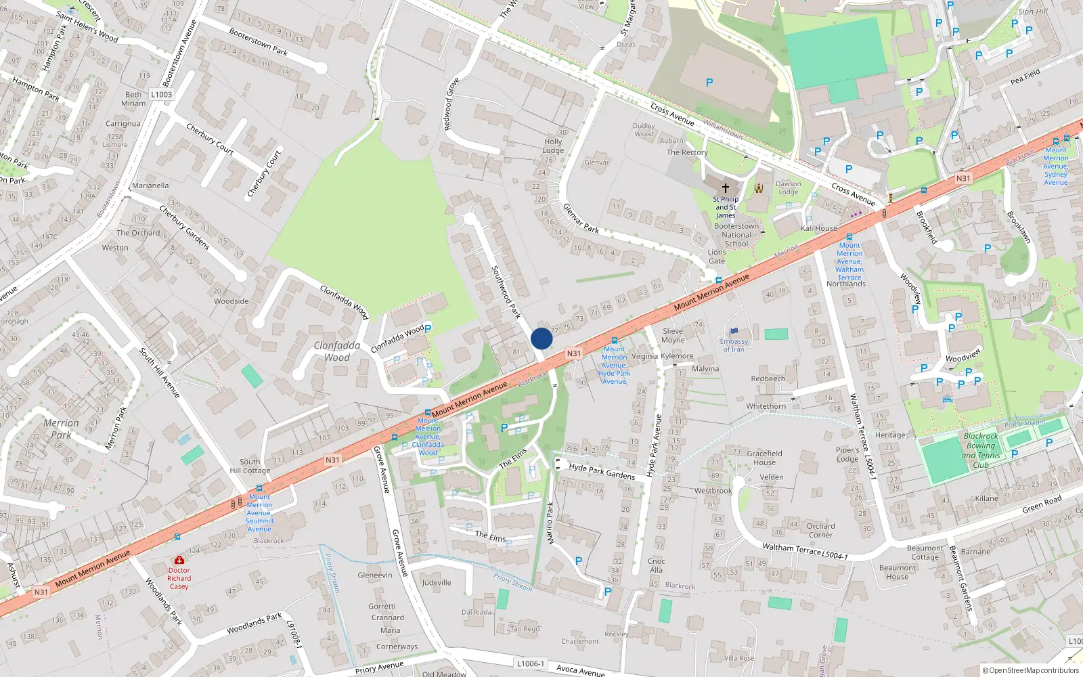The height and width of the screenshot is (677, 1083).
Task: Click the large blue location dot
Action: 541,338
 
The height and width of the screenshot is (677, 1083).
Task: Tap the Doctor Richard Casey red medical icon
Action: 179,561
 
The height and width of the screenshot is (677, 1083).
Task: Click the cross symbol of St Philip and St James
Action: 725,188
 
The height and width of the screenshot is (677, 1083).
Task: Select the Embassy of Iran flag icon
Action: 732,332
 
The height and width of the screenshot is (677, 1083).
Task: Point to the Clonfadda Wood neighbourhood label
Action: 337,351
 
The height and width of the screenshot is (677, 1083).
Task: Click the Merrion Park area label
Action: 61,429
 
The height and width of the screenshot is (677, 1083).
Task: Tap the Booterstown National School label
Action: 736,235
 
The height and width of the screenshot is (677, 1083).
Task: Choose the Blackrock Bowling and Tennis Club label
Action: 981,450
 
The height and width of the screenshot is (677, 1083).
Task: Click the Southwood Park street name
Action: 506,292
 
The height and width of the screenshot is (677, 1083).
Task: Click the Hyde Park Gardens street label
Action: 602,471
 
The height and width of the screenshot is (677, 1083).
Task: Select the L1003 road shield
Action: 162,95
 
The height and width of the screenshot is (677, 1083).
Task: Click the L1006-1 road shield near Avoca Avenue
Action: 530,663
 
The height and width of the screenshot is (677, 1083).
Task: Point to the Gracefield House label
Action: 764,458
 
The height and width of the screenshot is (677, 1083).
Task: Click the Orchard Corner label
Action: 820,530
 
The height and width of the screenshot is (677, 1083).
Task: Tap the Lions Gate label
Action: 717,257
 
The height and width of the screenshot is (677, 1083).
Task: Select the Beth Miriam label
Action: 133,99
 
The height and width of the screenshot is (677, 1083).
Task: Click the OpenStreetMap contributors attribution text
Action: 1030,670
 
